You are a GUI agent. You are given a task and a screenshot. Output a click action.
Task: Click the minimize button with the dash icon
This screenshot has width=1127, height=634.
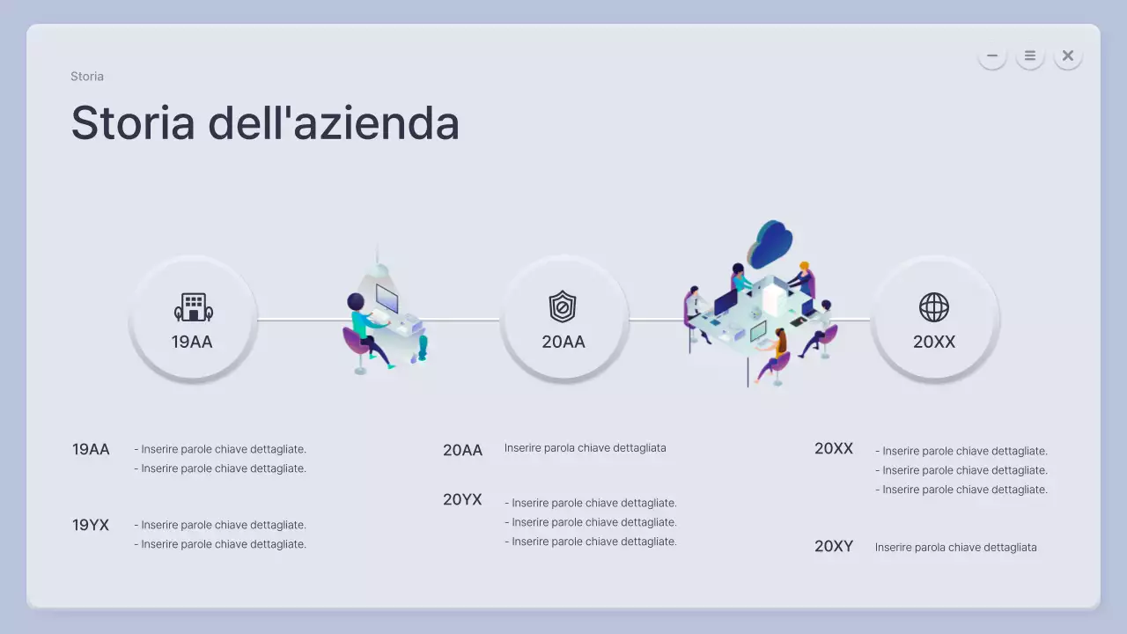pos(991,55)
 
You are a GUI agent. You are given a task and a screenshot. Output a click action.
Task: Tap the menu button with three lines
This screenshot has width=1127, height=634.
pos(1029,55)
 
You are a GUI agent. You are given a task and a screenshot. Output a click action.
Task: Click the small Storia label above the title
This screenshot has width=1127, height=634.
pos(87,77)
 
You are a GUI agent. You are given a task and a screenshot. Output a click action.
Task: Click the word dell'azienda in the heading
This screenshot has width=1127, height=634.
pos(334,122)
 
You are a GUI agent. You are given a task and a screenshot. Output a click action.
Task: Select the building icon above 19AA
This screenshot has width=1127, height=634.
pos(193,307)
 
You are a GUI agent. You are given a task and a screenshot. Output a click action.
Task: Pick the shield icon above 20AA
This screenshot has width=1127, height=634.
pos(562,307)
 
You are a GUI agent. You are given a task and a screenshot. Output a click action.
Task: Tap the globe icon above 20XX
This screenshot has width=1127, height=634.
pos(933,307)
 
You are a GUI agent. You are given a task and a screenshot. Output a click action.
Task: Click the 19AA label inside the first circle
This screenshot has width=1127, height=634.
pos(192,342)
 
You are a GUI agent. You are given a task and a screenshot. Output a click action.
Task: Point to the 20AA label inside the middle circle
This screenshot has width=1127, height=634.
pos(563,342)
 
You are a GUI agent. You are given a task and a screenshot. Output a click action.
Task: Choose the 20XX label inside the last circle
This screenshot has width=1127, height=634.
pos(934,342)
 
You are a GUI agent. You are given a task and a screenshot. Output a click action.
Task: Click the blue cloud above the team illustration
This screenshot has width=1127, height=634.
pos(771,242)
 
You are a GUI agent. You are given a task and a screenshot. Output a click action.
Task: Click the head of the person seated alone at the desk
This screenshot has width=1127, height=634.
pos(356,302)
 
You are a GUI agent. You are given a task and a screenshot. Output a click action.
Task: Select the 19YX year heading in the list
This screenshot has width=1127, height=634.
pos(91,525)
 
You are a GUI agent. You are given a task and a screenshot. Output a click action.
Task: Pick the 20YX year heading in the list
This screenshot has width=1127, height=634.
pos(462,499)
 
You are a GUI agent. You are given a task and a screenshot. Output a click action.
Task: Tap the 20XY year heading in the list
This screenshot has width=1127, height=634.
pos(833,546)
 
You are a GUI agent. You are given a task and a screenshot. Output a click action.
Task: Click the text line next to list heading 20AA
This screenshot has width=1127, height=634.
pos(585,448)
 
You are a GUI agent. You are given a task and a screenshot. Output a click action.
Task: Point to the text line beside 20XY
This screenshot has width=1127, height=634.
pos(955,547)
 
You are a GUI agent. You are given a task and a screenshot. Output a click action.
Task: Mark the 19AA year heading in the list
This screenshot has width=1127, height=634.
pos(91,449)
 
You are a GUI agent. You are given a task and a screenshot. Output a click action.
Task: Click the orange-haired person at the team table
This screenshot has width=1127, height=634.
pos(803,273)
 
